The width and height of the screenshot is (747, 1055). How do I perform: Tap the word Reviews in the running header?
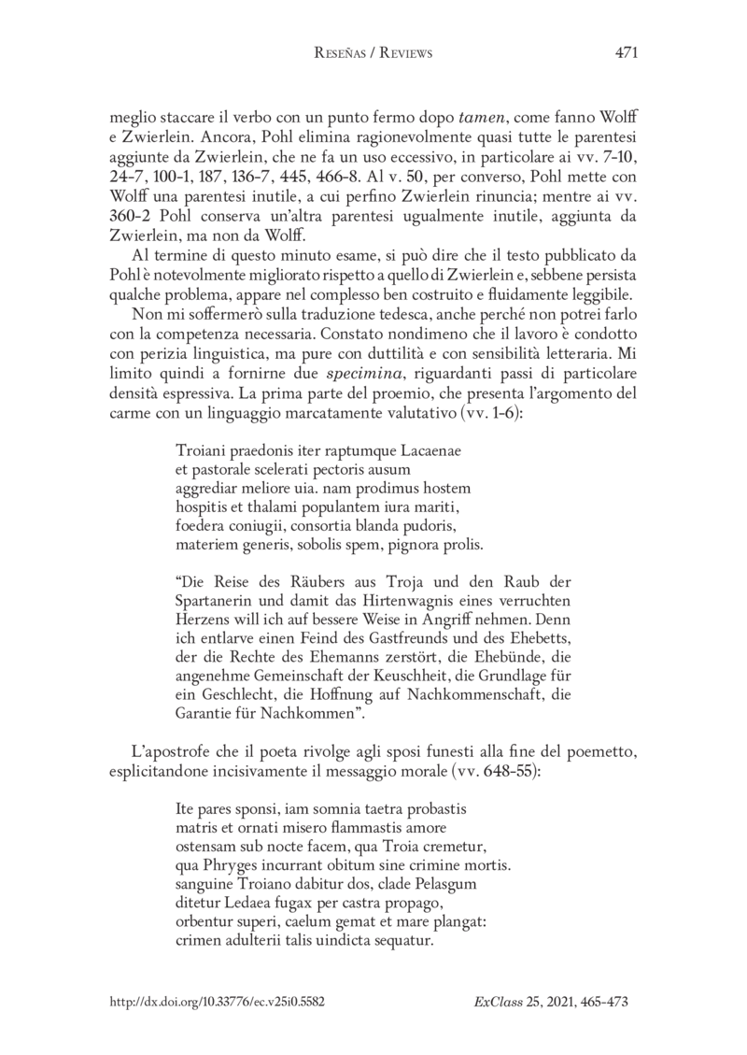(x=403, y=54)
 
